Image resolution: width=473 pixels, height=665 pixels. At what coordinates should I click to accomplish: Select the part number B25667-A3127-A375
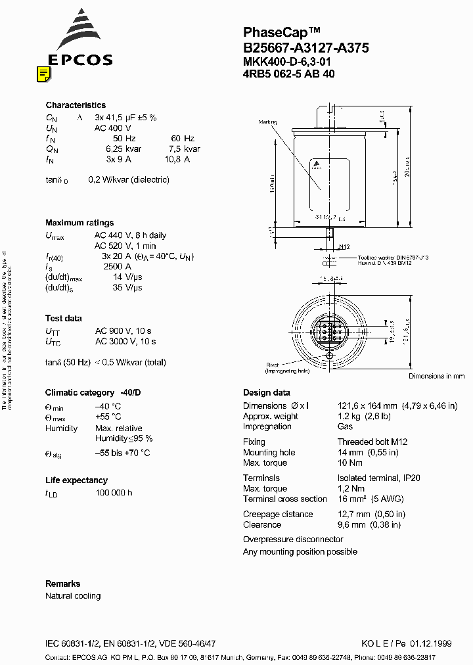coord(305,47)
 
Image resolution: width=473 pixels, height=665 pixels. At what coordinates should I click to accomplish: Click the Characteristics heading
coord(76,105)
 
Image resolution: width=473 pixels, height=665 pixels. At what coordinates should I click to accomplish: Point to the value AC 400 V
coord(113,128)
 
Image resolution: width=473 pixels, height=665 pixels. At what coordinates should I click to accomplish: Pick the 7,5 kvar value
coord(185,149)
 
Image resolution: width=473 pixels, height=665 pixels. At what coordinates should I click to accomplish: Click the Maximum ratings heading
coord(79,223)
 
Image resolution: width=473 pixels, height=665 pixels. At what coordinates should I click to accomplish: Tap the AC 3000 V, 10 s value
coord(125,342)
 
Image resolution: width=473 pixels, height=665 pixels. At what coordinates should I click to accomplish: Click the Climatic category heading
coord(93,393)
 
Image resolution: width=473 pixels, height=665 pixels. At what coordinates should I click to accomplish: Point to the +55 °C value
coord(108,417)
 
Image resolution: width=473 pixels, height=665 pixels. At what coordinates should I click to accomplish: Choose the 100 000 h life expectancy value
coord(113,493)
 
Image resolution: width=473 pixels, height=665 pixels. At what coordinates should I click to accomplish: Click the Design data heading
coord(266,393)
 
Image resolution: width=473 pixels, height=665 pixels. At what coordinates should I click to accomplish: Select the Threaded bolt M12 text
coord(372,442)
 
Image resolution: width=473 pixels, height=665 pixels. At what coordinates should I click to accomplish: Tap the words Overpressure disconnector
coord(293,539)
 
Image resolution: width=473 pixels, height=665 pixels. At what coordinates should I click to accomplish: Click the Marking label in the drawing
coord(267,122)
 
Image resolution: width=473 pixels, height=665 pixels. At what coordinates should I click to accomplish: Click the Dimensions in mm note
coord(436,377)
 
